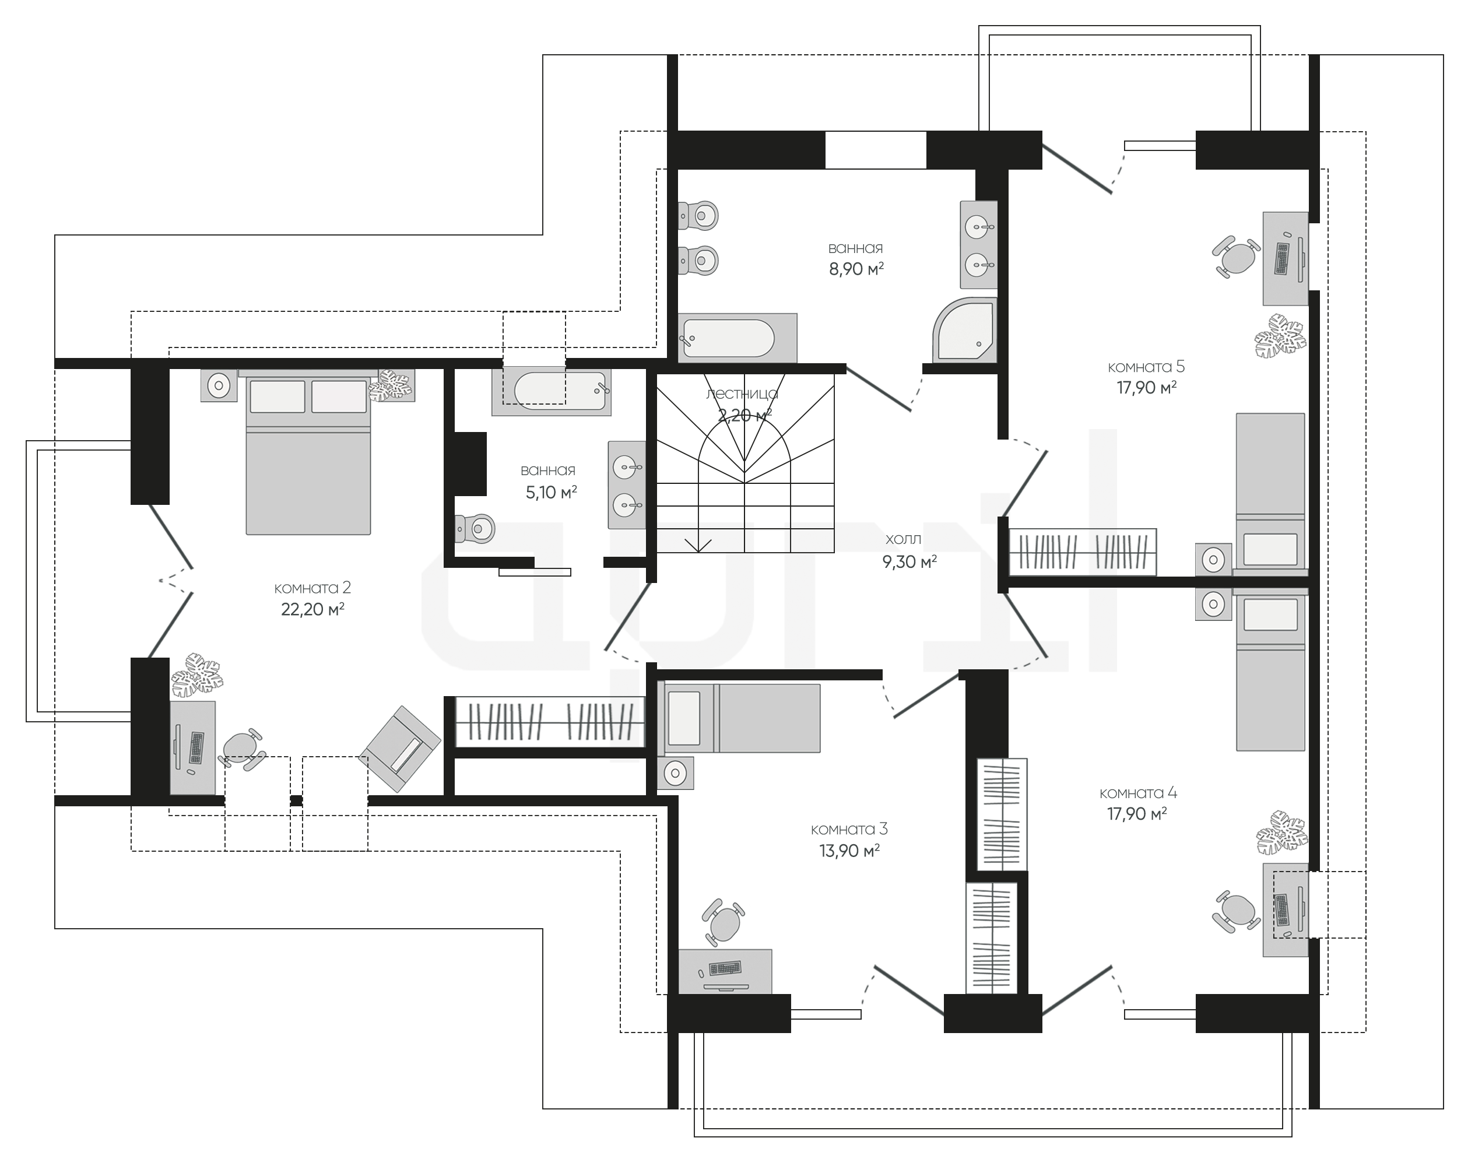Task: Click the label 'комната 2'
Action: tap(312, 588)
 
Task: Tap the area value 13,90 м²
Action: tap(849, 851)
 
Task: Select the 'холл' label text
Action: tap(903, 539)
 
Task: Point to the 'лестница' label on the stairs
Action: tap(743, 394)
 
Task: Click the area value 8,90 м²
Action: tap(856, 269)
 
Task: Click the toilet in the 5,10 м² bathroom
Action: tap(475, 528)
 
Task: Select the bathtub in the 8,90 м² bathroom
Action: tap(737, 338)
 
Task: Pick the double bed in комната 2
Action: tap(308, 452)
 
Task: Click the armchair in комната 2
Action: tap(400, 749)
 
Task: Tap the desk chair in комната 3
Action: tap(722, 922)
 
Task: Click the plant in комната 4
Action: tap(1281, 833)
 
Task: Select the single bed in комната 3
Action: tap(739, 718)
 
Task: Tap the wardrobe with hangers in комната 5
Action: tap(1083, 552)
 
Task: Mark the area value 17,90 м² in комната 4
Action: tap(1136, 814)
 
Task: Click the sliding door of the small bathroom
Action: tap(535, 572)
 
